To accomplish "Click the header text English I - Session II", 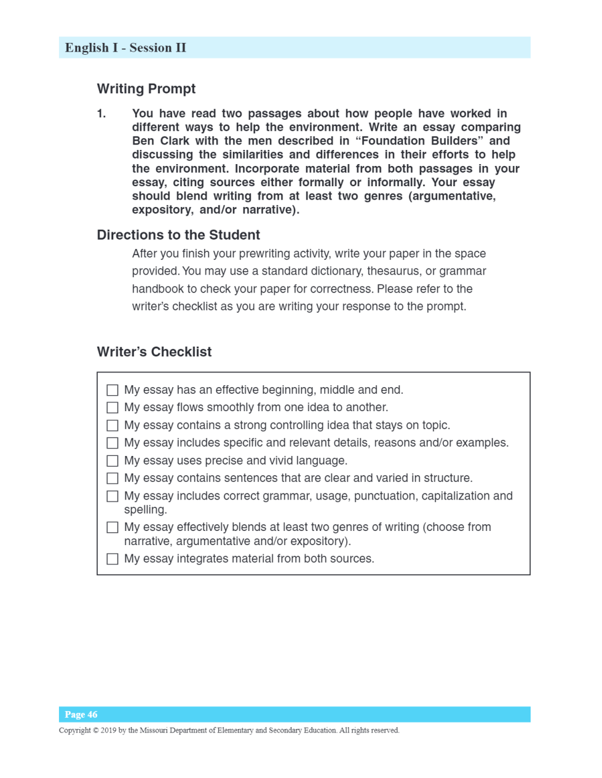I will pos(125,48).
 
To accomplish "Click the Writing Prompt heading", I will pos(146,89).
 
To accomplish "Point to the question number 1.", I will pos(101,114).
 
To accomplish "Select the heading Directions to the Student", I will pos(178,235).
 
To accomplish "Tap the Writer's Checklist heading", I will pos(154,352).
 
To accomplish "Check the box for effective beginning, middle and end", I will pos(113,390).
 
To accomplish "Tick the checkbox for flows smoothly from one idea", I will pos(113,407).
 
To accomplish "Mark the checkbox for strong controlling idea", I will pos(113,425).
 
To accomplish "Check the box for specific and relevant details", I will pos(113,443).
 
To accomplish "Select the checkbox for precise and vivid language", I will pos(113,461).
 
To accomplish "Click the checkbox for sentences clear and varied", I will pos(113,478).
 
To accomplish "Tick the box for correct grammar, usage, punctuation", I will pos(113,496).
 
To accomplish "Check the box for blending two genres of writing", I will pos(113,527).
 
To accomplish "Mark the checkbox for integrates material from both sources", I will pos(113,559).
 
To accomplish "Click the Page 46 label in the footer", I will pos(81,715).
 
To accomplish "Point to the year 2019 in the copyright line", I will pos(108,731).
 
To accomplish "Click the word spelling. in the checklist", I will pos(146,510).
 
